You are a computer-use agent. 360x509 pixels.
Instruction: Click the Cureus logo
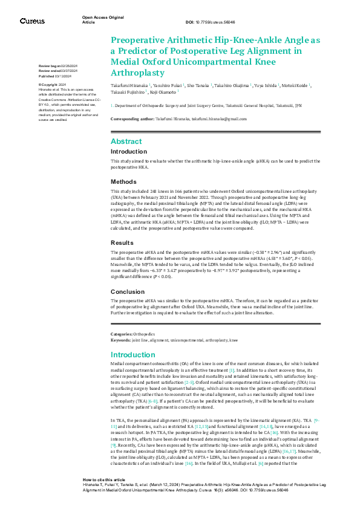point(31,21)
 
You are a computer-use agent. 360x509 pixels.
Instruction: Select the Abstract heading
point(126,140)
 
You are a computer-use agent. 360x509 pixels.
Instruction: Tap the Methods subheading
point(123,181)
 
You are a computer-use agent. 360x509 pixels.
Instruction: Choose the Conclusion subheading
point(127,291)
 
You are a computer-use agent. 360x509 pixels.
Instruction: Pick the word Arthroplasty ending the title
point(137,73)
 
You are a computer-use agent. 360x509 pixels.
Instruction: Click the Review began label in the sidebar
point(48,65)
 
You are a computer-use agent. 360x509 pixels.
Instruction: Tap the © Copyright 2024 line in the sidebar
point(52,84)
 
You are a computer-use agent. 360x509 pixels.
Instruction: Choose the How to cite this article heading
point(104,476)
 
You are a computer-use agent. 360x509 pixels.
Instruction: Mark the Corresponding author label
point(132,119)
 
